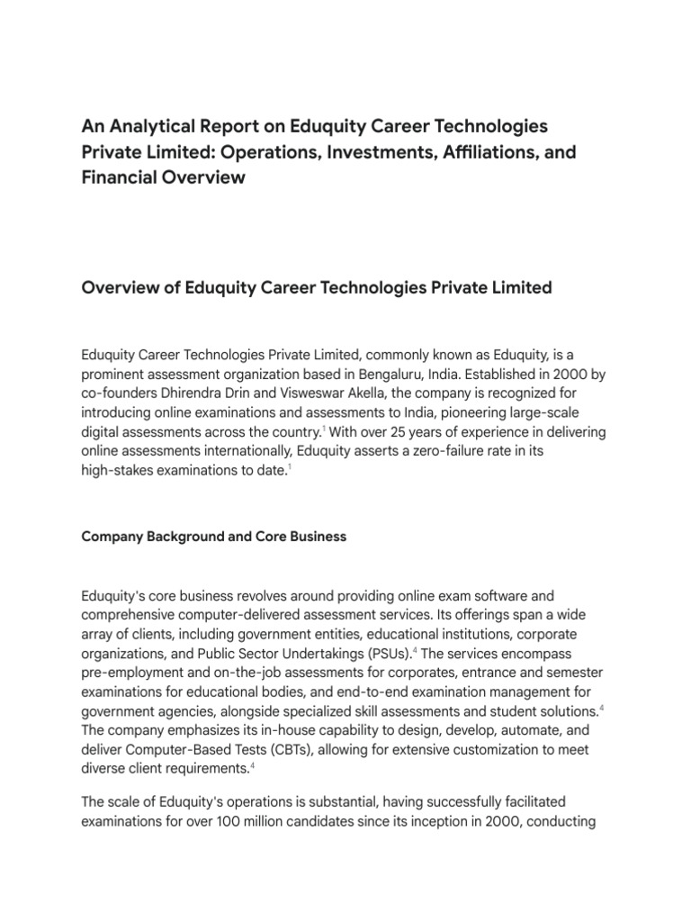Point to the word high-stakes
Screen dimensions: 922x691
118,473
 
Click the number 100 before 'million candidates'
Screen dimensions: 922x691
243,821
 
